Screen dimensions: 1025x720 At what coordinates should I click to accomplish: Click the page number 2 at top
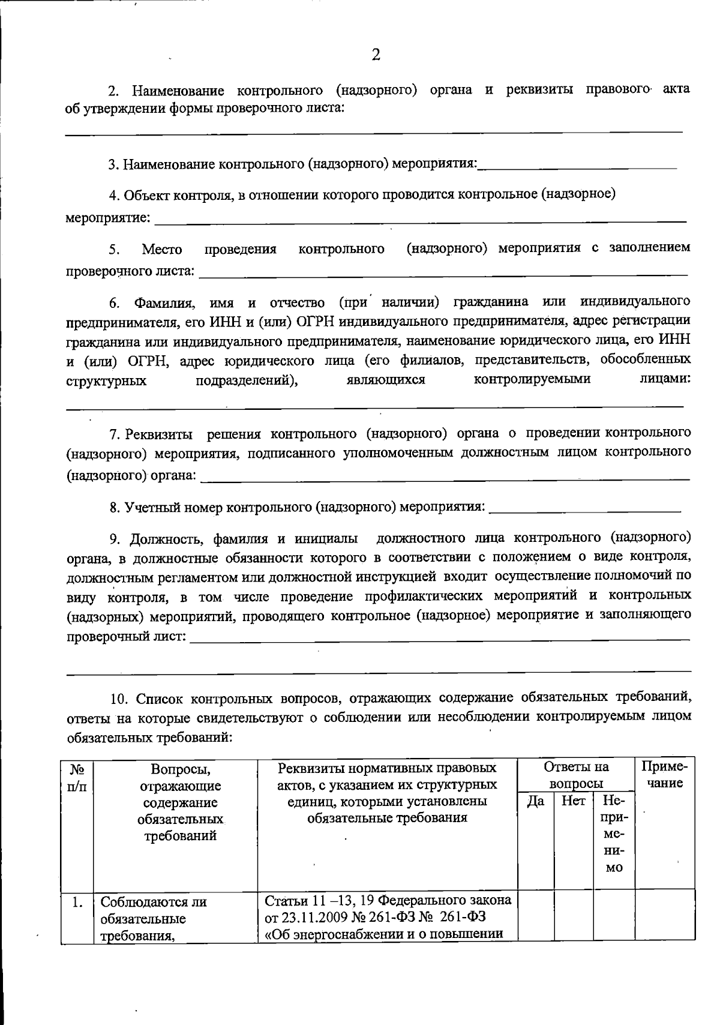coord(376,55)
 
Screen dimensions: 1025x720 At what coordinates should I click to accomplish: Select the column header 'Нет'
coord(573,801)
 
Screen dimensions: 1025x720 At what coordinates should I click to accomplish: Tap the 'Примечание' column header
coord(664,775)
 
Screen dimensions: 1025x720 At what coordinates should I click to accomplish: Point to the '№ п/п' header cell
coord(77,777)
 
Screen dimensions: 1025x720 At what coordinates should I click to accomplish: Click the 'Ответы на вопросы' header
coord(576,775)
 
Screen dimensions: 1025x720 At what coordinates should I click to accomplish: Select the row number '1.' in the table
coord(77,901)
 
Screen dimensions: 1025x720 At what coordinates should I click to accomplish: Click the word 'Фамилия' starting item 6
coord(164,302)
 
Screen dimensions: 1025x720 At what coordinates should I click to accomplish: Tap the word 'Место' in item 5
coord(162,249)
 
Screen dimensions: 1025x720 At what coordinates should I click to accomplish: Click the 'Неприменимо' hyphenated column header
coord(614,834)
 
